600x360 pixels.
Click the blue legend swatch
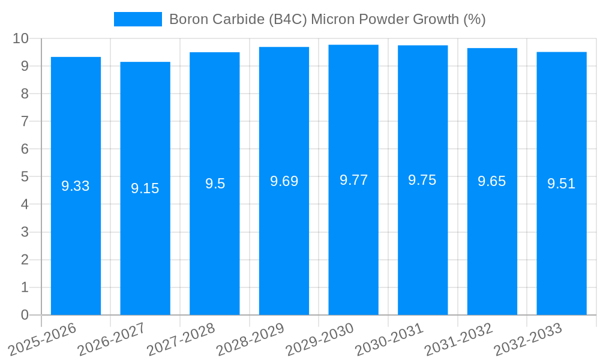(x=137, y=19)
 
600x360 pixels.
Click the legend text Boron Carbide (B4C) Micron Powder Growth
(x=327, y=19)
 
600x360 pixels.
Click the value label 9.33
(x=76, y=186)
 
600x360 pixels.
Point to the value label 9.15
(x=145, y=188)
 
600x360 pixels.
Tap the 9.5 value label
(x=215, y=184)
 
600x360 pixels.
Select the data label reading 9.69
(x=284, y=181)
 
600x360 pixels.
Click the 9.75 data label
(x=422, y=180)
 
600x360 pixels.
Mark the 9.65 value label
(x=492, y=181)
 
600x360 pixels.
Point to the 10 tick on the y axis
(x=21, y=38)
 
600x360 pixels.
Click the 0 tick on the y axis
(x=25, y=315)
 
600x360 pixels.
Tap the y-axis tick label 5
(x=25, y=177)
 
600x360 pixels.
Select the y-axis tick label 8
(x=25, y=94)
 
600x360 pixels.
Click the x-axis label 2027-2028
(x=181, y=340)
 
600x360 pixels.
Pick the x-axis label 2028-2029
(x=250, y=340)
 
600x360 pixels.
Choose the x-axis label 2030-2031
(x=389, y=340)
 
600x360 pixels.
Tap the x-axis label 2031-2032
(x=458, y=340)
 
